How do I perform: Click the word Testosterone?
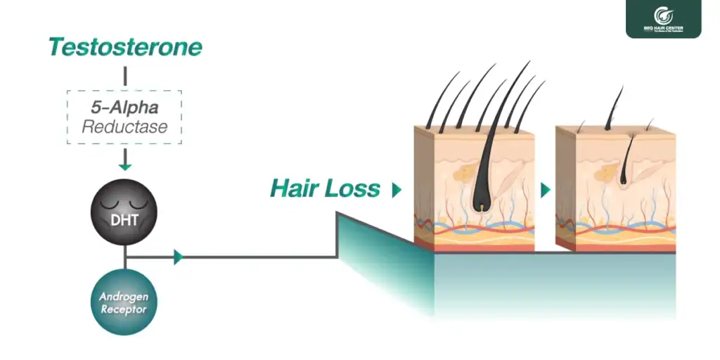pos(125,47)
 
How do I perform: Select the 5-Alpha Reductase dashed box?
pos(124,117)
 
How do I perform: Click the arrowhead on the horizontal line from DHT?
pos(178,257)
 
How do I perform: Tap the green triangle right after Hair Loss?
pos(397,189)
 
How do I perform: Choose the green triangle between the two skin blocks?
pos(546,189)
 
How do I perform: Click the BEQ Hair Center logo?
pos(663,19)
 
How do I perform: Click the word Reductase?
pos(124,127)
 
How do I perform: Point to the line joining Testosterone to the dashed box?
pos(124,77)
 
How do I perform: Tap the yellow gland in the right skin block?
pos(600,172)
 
